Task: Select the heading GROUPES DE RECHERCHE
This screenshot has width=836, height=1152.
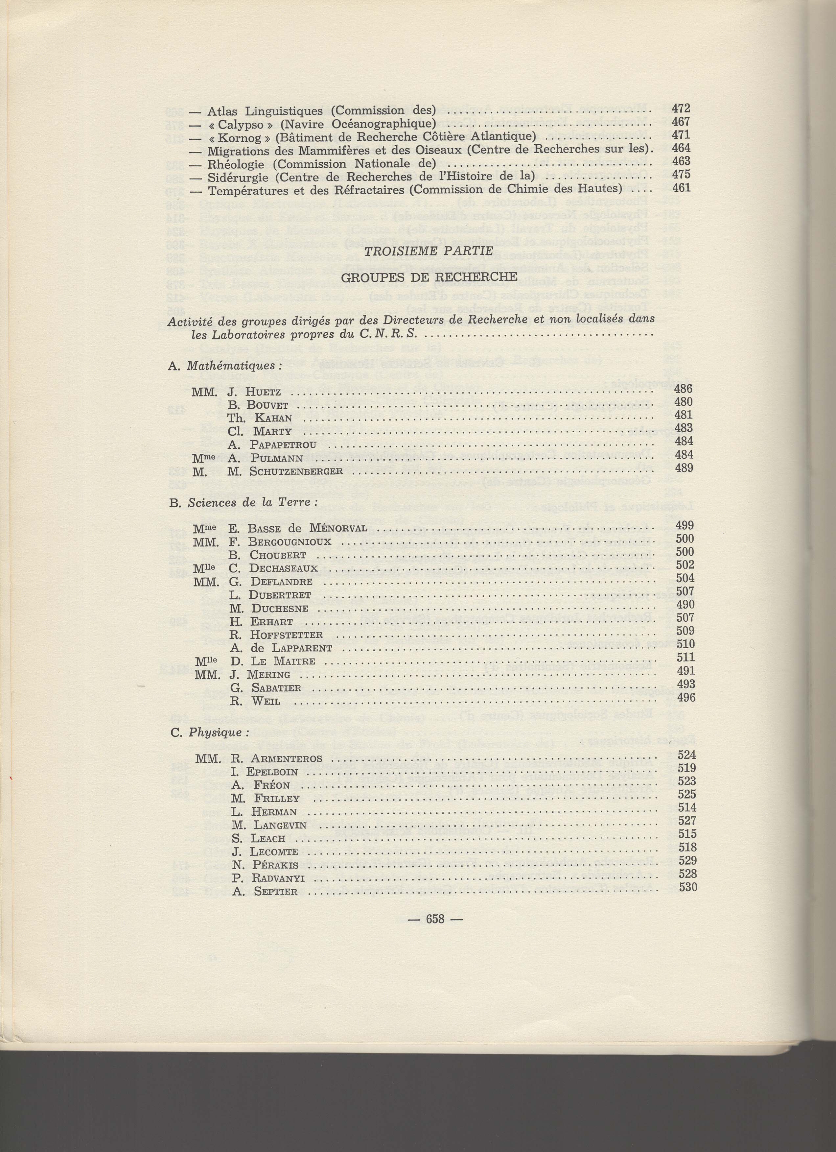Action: [x=429, y=277]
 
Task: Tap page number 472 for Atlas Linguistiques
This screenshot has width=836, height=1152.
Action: [x=681, y=108]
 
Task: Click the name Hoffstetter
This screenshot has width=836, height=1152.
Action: [x=286, y=635]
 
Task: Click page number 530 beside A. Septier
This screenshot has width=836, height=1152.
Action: [x=688, y=888]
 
